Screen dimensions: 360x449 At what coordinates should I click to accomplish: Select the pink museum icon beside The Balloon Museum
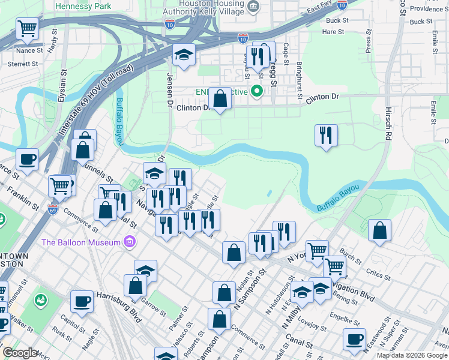pos(128,242)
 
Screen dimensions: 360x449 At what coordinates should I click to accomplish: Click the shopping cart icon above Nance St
pos(27,28)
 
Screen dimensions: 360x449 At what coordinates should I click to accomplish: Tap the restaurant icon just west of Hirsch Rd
pos(326,134)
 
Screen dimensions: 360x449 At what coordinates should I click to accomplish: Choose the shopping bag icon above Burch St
pos(379,230)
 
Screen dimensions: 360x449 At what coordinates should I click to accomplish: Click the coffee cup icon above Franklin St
pos(27,160)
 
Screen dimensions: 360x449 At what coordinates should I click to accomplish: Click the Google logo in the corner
pos(20,353)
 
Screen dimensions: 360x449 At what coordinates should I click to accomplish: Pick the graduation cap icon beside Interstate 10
pos(183,55)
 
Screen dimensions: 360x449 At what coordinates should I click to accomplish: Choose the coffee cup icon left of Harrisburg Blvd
pos(81,301)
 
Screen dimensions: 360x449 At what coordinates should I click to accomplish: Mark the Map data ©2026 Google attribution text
pos(412,355)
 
